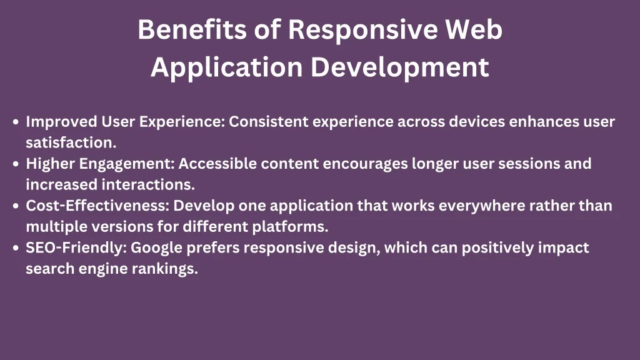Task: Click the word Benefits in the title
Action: coord(192,29)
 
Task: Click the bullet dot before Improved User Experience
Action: coord(16,122)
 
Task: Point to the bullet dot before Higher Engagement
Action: coord(16,164)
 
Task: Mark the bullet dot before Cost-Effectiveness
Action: coord(16,206)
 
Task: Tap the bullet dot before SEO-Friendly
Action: coord(16,247)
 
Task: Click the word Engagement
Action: coord(127,164)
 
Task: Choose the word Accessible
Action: coord(218,164)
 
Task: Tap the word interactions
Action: coord(148,185)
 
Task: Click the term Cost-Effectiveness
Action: coord(97,206)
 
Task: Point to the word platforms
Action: coord(290,227)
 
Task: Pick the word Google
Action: coord(156,248)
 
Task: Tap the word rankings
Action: coord(165,269)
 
